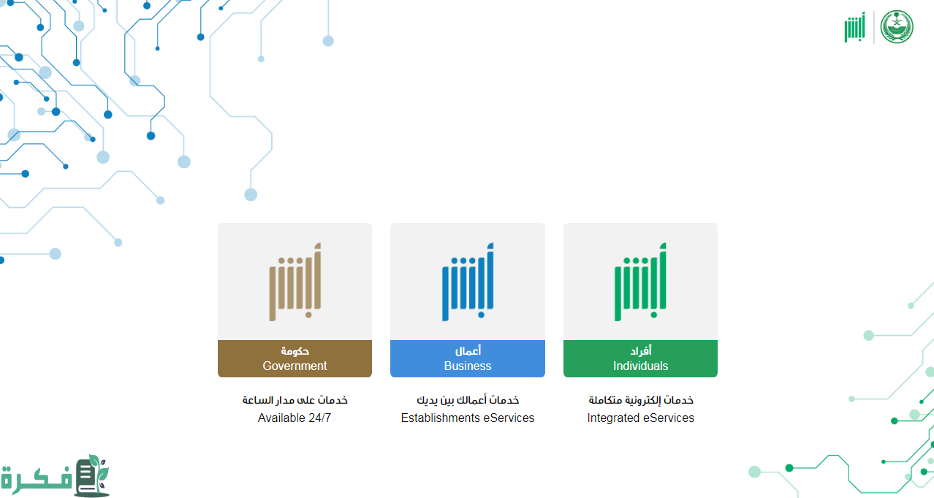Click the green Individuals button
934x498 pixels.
(x=640, y=359)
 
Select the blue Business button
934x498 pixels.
(x=468, y=359)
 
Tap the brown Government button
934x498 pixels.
(x=295, y=359)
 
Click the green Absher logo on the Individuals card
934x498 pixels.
(x=640, y=282)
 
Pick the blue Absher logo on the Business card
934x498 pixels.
(x=468, y=282)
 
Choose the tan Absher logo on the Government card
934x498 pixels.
(x=295, y=282)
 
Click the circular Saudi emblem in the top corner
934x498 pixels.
(x=897, y=27)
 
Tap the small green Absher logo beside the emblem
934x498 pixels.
(x=855, y=27)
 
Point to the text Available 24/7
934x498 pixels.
(x=295, y=418)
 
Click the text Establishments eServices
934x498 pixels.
(x=468, y=418)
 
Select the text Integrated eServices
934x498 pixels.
(x=640, y=418)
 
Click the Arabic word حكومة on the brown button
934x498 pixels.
(x=295, y=351)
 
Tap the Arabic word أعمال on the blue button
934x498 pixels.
(x=468, y=351)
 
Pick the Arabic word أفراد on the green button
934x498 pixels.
(x=641, y=351)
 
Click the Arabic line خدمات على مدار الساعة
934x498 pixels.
(x=295, y=400)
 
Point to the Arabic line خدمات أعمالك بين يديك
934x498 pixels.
(x=468, y=400)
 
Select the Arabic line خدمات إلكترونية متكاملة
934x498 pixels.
(x=641, y=400)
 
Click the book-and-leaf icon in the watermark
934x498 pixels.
(x=92, y=476)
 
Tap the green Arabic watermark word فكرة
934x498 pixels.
(x=37, y=480)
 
